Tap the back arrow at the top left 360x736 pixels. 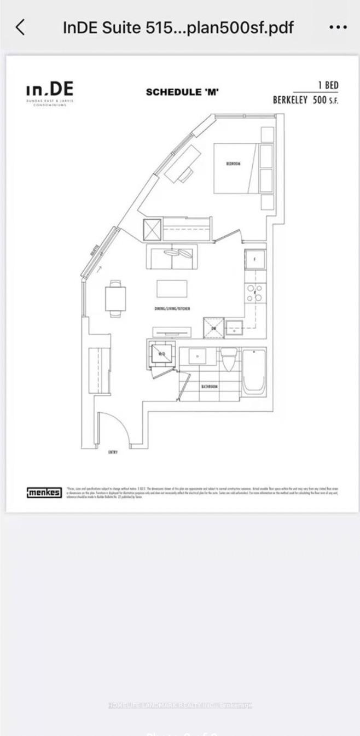coord(20,27)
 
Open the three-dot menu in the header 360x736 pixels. coord(338,27)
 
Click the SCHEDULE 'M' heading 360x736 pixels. coord(182,92)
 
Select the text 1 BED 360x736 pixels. coord(328,85)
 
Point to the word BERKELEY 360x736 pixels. coord(291,100)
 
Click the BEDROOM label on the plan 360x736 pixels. coord(233,163)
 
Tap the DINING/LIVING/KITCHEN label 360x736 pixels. coord(172,309)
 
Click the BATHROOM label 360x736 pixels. coord(209,387)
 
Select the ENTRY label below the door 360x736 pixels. coord(113,452)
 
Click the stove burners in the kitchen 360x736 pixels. coord(254,293)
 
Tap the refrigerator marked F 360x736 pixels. coord(255,259)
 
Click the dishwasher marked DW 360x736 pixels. coord(214,329)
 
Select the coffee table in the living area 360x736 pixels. coord(172,288)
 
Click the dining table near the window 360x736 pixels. coord(115,298)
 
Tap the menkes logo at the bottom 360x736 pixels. coord(44,493)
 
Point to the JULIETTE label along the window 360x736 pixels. coord(95,253)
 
